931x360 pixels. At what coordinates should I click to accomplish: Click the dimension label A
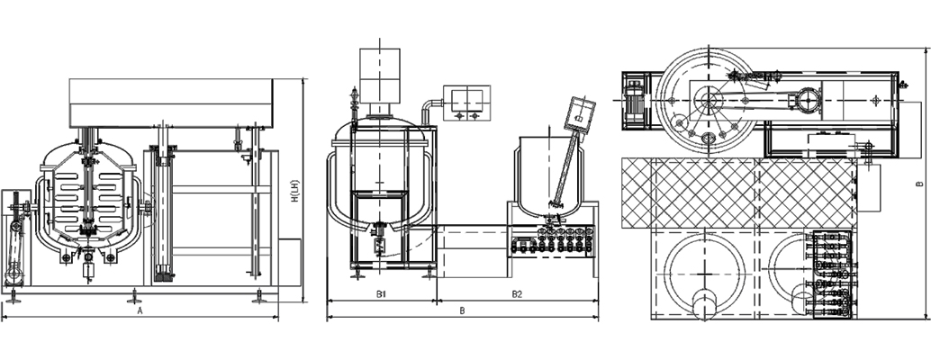140,310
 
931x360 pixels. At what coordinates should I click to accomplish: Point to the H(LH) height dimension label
294,191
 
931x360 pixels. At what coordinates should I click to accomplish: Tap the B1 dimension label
381,294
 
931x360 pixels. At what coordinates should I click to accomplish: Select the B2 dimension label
517,294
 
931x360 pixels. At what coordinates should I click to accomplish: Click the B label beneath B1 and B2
463,310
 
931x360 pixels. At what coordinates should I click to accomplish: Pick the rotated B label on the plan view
919,184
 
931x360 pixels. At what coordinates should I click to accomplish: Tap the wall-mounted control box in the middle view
466,103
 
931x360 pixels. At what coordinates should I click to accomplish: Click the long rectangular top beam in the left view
171,103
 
